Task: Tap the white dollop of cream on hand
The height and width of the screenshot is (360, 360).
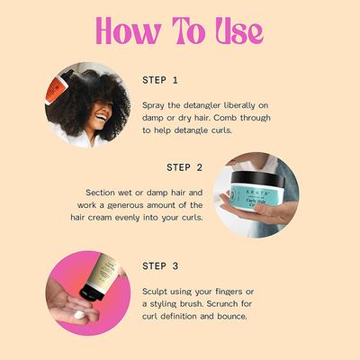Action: coord(90,315)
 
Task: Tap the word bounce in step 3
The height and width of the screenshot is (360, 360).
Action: coord(229,316)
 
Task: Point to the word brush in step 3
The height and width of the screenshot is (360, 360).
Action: coord(196,303)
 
